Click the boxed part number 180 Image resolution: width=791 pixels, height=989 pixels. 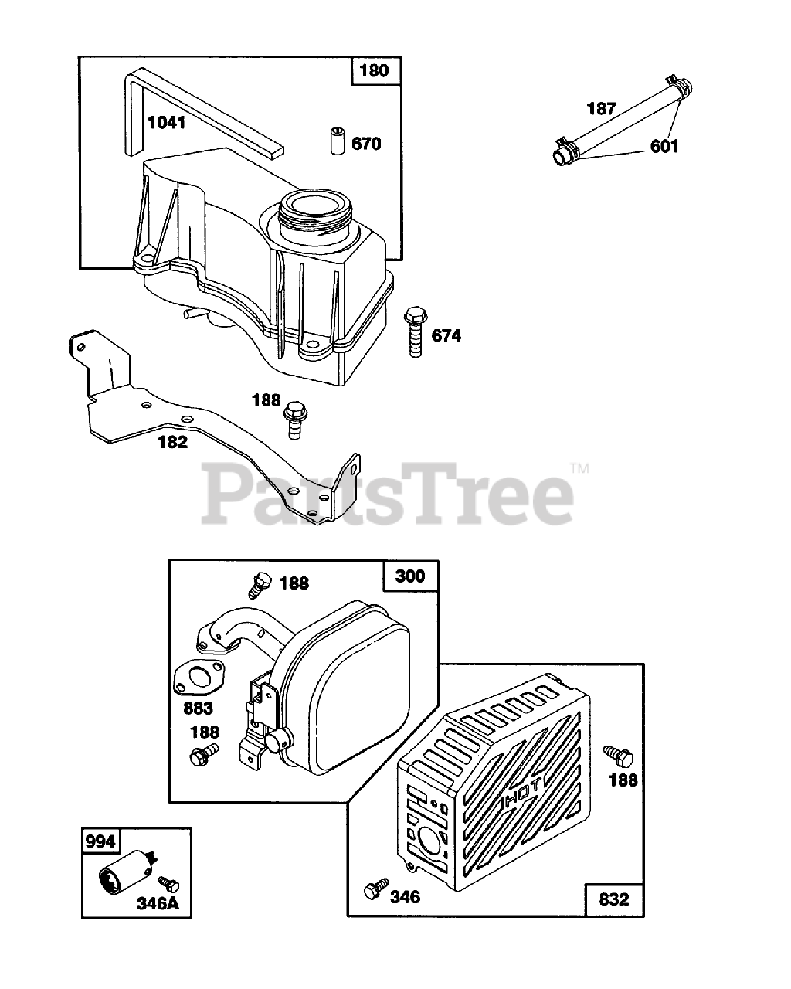click(375, 72)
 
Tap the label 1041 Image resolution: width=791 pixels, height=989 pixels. click(166, 121)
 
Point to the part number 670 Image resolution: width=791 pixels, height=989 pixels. click(366, 144)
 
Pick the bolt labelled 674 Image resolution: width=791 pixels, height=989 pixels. click(416, 331)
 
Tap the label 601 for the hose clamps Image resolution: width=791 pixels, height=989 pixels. click(664, 145)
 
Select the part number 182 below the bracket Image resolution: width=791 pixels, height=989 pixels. click(172, 441)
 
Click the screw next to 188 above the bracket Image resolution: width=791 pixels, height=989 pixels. click(293, 419)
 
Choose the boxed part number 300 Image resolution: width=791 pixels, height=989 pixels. click(409, 576)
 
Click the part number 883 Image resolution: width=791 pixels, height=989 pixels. click(197, 706)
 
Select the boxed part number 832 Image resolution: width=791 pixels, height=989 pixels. click(614, 899)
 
